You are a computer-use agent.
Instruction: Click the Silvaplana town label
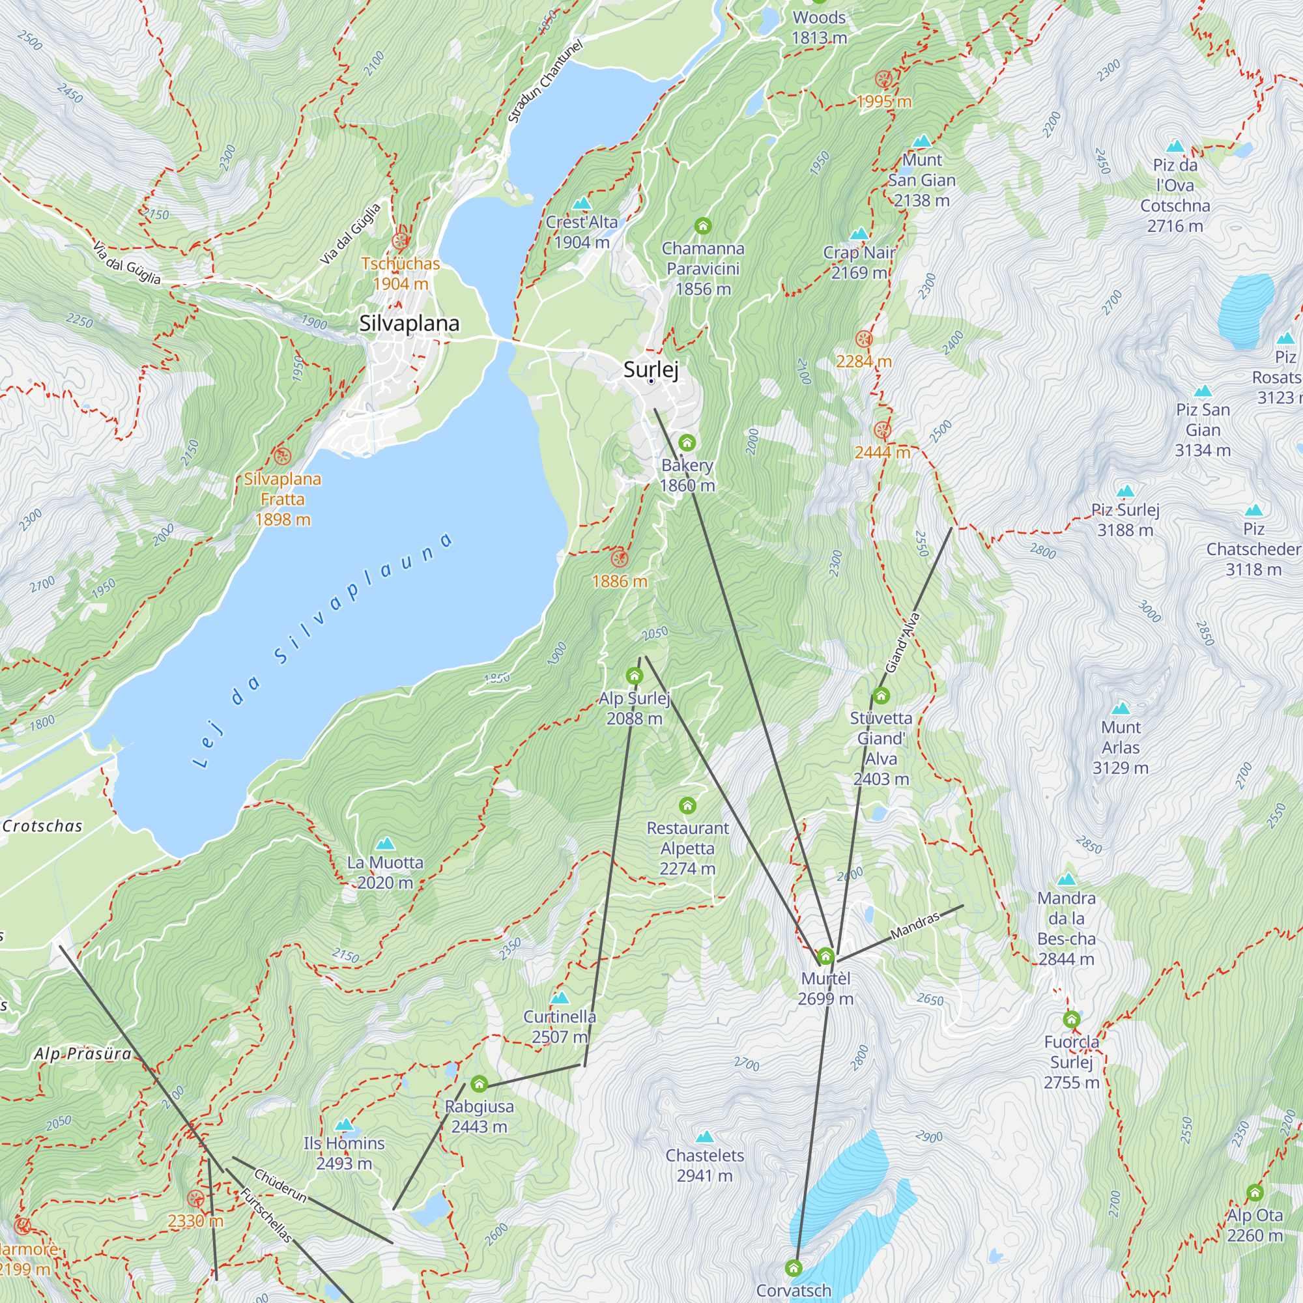point(408,323)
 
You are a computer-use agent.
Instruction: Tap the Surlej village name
point(650,369)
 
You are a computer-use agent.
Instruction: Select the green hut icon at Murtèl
point(825,956)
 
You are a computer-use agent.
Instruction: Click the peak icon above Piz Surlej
point(1125,491)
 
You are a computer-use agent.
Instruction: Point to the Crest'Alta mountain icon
point(581,203)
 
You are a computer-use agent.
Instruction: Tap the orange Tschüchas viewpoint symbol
point(401,241)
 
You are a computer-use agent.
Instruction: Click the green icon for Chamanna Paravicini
point(703,225)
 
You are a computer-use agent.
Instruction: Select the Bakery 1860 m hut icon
point(687,442)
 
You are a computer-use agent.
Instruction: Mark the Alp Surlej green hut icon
point(634,675)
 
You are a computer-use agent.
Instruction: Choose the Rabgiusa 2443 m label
point(479,1116)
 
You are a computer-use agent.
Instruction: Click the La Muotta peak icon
point(384,844)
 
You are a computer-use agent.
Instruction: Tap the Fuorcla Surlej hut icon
point(1071,1019)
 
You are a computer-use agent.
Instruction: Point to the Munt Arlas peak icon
point(1120,708)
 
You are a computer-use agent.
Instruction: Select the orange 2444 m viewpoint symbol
point(882,430)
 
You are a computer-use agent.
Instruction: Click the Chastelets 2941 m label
point(704,1166)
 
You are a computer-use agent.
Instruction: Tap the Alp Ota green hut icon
point(1254,1192)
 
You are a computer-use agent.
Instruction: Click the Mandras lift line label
point(915,926)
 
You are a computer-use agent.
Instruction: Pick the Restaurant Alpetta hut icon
point(687,805)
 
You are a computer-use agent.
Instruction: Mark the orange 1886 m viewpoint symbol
point(619,558)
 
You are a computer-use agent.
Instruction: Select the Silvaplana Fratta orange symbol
point(282,456)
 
